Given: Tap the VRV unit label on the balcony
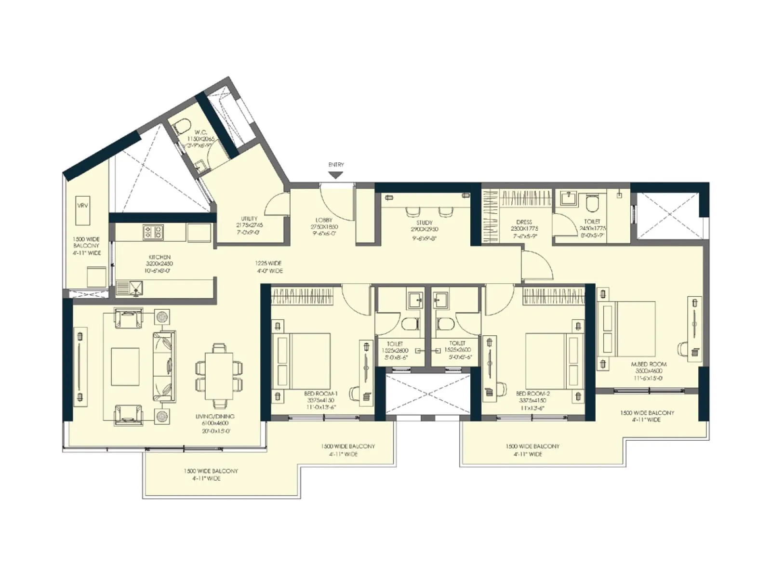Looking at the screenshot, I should pos(82,206).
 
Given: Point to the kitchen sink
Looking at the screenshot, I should pos(130,288).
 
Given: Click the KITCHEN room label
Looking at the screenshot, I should pos(159,257).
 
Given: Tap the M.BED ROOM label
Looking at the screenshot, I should pos(649,365).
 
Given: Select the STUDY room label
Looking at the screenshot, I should pos(424,223).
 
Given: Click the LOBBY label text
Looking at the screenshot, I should pos(324,220).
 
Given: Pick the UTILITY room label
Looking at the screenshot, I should pos(249,218).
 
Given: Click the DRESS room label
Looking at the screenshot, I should pos(524,222).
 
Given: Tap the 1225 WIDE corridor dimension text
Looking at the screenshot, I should pos(268,263).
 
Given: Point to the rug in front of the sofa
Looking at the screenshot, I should pos(125,367).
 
